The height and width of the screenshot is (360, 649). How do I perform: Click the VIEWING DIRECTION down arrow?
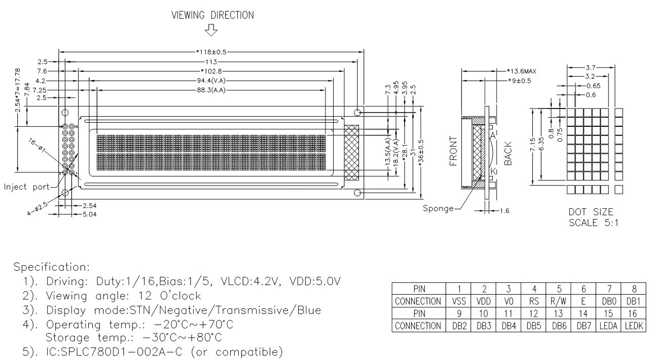pyautogui.click(x=211, y=30)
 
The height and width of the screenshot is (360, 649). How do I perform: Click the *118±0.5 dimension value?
pyautogui.click(x=211, y=52)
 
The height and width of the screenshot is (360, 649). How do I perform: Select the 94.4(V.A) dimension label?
pyautogui.click(x=211, y=81)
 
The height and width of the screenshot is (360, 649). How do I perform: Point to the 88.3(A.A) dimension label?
pyautogui.click(x=211, y=90)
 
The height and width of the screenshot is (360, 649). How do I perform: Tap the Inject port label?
pyautogui.click(x=27, y=187)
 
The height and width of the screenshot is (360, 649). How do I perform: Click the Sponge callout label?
pyautogui.click(x=438, y=208)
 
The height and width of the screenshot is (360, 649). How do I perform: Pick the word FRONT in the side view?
pyautogui.click(x=453, y=151)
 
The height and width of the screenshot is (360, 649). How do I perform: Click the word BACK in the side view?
pyautogui.click(x=508, y=154)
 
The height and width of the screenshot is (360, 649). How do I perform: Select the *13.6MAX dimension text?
pyautogui.click(x=522, y=71)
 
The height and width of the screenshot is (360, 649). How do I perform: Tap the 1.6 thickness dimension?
pyautogui.click(x=504, y=211)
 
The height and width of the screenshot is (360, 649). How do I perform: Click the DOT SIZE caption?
pyautogui.click(x=591, y=212)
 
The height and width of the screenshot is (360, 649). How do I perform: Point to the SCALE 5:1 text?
pyautogui.click(x=593, y=223)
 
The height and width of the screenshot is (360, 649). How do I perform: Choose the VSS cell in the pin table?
pyautogui.click(x=459, y=302)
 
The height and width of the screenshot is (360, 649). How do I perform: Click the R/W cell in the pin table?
pyautogui.click(x=558, y=302)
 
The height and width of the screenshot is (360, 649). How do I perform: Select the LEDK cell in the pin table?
pyautogui.click(x=634, y=326)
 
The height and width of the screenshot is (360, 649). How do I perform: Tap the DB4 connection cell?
pyautogui.click(x=509, y=326)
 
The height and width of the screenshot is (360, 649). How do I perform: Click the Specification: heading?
pyautogui.click(x=52, y=267)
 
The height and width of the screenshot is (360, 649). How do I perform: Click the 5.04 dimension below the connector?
pyautogui.click(x=90, y=214)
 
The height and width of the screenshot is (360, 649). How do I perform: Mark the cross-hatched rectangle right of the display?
pyautogui.click(x=351, y=152)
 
